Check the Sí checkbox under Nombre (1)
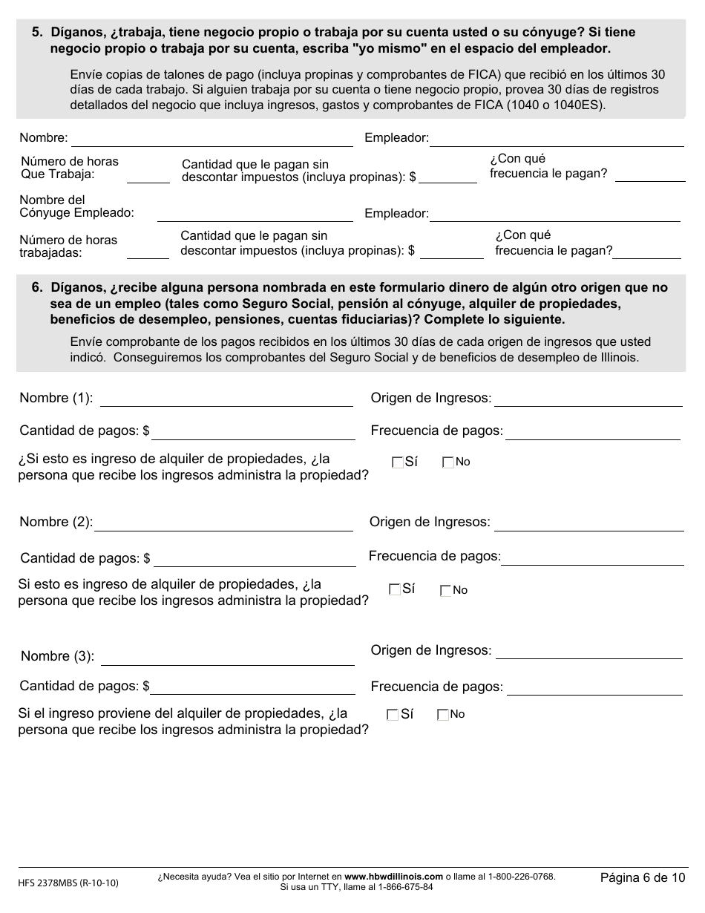[397, 462]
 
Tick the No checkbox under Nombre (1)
[447, 462]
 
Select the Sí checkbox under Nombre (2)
[394, 590]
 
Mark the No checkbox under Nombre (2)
[445, 591]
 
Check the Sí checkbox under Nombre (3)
[392, 715]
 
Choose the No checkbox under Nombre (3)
[443, 715]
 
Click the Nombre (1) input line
[226, 399]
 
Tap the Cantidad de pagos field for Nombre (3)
[252, 687]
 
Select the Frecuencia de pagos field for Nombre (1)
[592, 432]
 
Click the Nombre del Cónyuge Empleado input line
[255, 214]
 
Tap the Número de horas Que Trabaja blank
[148, 176]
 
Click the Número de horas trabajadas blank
[148, 252]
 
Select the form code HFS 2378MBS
[68, 883]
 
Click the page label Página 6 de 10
[643, 878]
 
